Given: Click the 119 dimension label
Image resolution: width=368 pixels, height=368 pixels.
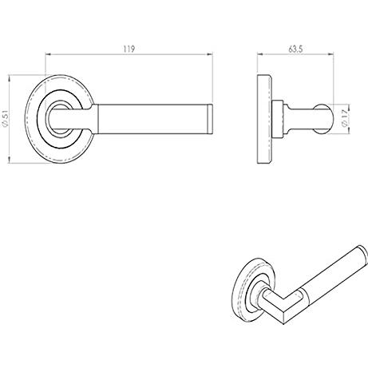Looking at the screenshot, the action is (x=129, y=49).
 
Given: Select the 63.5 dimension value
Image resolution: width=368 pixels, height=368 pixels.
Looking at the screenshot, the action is (x=295, y=49).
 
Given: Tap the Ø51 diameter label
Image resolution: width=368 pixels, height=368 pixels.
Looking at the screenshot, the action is (x=5, y=119).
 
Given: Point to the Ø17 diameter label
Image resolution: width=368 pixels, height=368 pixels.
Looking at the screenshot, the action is (x=344, y=118).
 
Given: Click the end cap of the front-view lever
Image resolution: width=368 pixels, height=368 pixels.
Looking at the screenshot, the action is (x=210, y=119).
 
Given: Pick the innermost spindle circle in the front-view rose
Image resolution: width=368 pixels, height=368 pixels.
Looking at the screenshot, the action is (x=59, y=119).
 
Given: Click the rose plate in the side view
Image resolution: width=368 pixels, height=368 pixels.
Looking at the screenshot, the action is (x=264, y=119).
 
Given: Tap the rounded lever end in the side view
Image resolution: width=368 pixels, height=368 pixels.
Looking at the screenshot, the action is (x=323, y=119).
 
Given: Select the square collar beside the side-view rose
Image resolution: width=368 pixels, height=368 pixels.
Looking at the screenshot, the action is (x=278, y=119).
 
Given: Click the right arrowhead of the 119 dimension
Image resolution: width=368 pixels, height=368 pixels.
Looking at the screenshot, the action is (x=211, y=54).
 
